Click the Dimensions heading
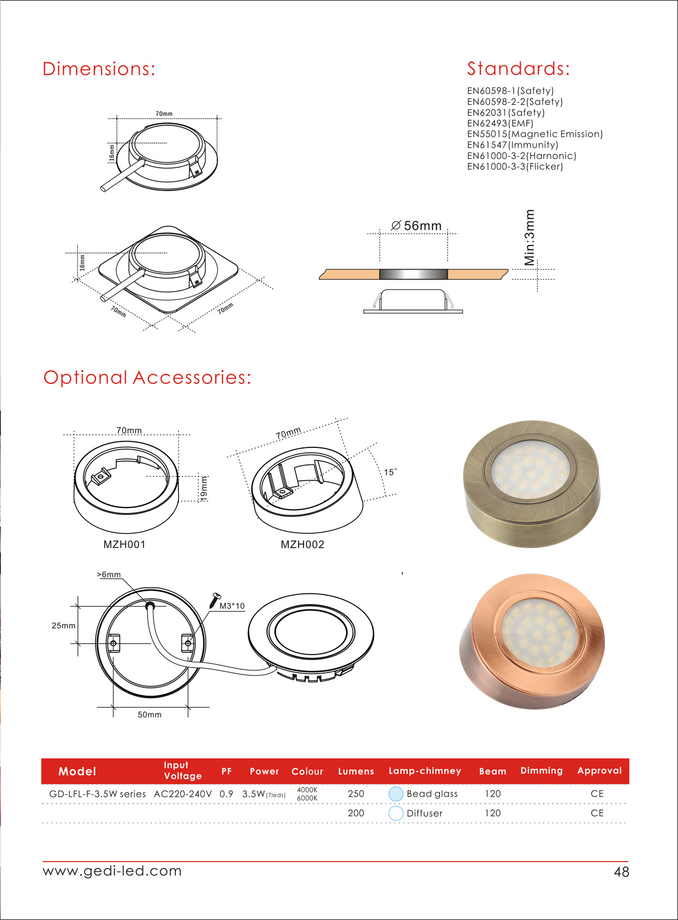(x=99, y=69)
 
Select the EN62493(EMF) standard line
(x=500, y=123)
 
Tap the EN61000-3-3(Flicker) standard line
(x=515, y=167)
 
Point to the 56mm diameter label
(x=417, y=226)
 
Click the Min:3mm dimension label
(x=530, y=238)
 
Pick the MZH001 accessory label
(x=124, y=545)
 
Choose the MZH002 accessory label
(x=302, y=545)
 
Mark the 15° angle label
(x=390, y=472)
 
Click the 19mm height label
(x=204, y=488)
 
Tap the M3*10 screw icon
(x=215, y=600)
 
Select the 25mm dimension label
(x=63, y=626)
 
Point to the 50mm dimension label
(x=150, y=715)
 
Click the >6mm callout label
(x=109, y=575)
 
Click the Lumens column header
(x=356, y=771)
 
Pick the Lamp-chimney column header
(x=425, y=771)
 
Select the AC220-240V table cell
(x=183, y=794)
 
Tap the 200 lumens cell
(x=356, y=813)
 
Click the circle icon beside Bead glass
(x=396, y=794)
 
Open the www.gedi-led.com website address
(x=112, y=871)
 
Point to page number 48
(x=621, y=872)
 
